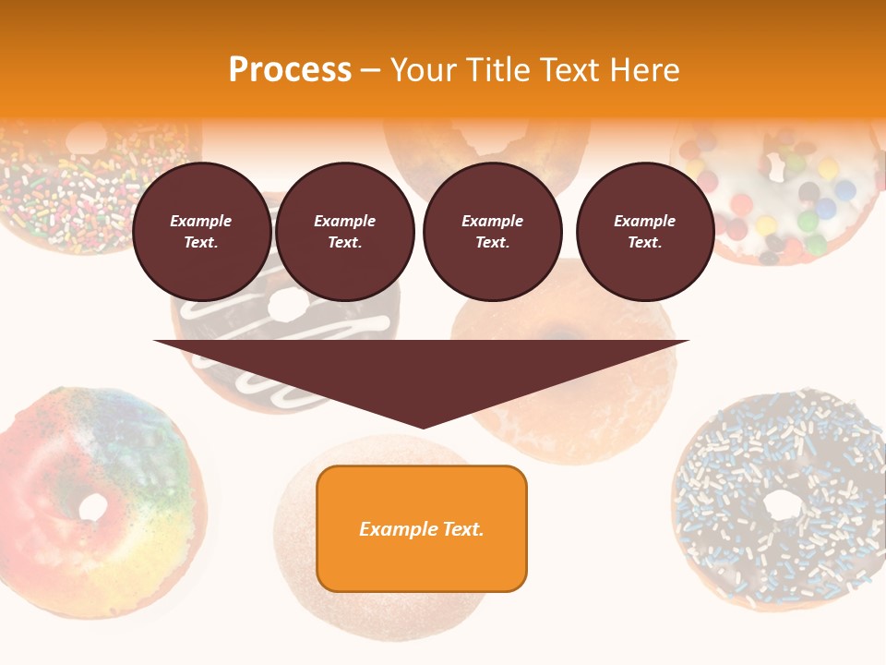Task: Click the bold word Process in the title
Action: [290, 70]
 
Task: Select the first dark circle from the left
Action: [201, 232]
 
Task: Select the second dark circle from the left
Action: [344, 232]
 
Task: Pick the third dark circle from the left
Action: [492, 232]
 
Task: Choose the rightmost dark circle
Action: [644, 232]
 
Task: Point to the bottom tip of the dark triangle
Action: [422, 427]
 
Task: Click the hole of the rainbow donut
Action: [93, 506]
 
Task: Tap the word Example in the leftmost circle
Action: [201, 221]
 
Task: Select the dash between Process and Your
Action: [370, 70]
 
